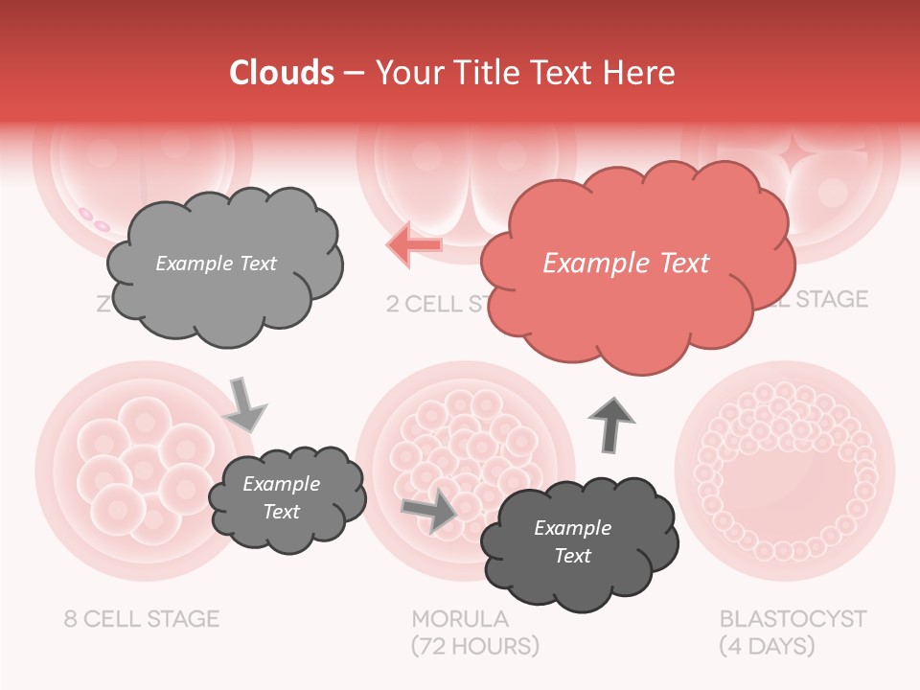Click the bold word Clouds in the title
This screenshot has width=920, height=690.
[282, 73]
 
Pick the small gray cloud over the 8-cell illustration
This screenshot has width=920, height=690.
[287, 497]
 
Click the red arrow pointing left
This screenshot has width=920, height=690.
[415, 244]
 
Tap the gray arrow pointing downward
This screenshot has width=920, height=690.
[245, 403]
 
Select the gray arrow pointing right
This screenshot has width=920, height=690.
[430, 510]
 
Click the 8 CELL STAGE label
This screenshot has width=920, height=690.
[142, 618]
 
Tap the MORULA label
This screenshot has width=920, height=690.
[460, 618]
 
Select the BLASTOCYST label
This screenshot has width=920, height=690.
[793, 618]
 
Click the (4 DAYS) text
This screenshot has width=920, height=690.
[767, 646]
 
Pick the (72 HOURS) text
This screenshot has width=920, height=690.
[475, 646]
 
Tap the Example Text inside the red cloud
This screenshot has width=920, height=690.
[626, 264]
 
